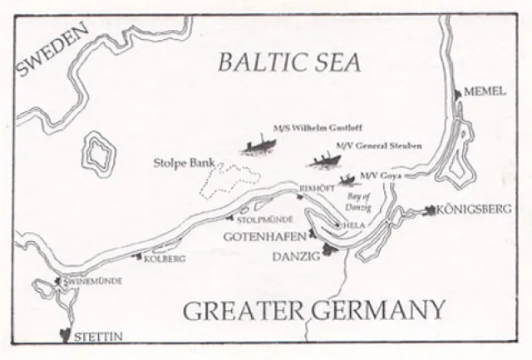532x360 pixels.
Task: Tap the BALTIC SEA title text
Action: click(286, 62)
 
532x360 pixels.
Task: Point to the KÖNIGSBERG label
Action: click(474, 211)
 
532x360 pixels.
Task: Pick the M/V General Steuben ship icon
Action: click(322, 160)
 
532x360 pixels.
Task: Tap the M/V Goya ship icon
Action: click(347, 179)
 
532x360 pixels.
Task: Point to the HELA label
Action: click(353, 225)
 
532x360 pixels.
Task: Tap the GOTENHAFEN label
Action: click(262, 237)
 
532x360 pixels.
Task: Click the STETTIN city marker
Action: click(64, 336)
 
